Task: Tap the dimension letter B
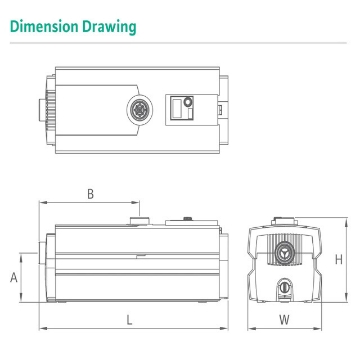click(90, 193)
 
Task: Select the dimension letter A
click(14, 277)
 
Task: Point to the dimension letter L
click(130, 318)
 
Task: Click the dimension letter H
click(339, 259)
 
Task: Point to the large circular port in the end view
click(286, 250)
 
